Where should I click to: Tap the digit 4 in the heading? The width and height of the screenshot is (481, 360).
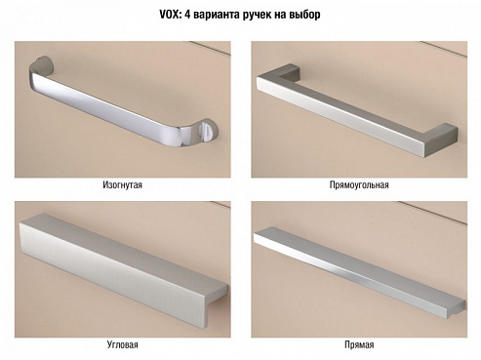point(187,15)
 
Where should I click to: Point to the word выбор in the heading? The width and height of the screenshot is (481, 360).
point(304,15)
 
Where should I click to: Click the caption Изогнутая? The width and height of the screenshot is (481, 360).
point(122,185)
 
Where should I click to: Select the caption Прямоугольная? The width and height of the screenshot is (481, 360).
point(359,185)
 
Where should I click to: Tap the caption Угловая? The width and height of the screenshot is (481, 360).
point(123,344)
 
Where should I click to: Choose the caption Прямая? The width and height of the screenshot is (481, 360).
point(359,344)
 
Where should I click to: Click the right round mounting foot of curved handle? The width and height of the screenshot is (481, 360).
point(207,131)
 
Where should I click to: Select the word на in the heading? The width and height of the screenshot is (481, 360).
point(280,16)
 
